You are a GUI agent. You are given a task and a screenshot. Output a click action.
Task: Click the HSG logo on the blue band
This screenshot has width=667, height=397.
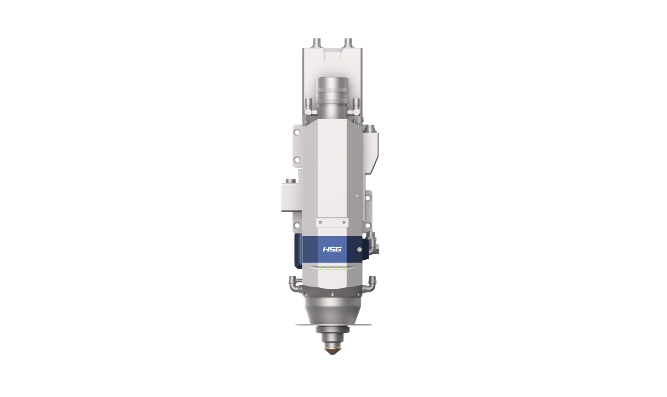[332, 249]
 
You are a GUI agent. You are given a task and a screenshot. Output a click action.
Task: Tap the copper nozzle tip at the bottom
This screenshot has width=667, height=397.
[333, 351]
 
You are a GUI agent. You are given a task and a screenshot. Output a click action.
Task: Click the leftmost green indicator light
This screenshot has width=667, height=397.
[320, 268]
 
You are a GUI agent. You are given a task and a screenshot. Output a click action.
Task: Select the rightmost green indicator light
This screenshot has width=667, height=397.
[344, 268]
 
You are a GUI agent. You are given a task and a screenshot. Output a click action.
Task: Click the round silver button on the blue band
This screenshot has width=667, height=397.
[360, 250]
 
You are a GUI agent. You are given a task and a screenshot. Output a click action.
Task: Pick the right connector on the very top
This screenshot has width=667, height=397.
[348, 43]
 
